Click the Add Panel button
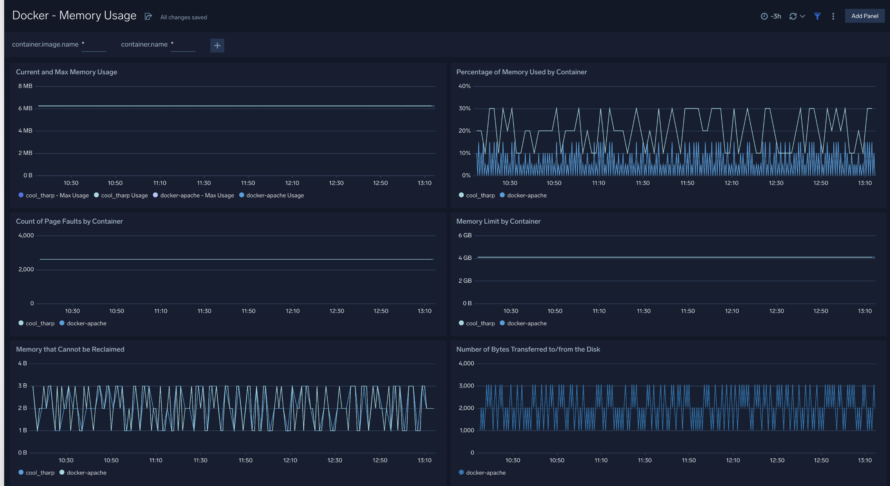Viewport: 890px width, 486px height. [x=864, y=16]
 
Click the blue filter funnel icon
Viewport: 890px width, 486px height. [x=817, y=16]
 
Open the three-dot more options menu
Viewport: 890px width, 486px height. [x=833, y=16]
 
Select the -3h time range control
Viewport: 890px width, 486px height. [x=771, y=16]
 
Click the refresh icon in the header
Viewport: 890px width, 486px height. [x=793, y=16]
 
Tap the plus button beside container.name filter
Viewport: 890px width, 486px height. [x=217, y=45]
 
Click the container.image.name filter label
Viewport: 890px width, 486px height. [x=45, y=44]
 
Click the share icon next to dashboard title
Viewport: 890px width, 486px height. [x=148, y=16]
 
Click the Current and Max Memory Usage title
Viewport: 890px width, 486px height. [x=66, y=72]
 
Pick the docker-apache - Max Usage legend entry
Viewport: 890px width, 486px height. [x=197, y=195]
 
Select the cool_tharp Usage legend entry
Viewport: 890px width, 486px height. [x=124, y=195]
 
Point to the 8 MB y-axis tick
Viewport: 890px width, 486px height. [x=25, y=86]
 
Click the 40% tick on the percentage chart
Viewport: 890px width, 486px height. [x=464, y=86]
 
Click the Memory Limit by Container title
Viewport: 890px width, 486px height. [x=498, y=221]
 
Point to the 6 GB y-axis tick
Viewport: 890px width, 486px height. [x=465, y=235]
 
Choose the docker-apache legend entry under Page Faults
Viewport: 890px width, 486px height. [x=86, y=323]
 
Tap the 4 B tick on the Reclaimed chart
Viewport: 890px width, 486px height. [x=22, y=363]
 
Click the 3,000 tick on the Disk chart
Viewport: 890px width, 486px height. [x=466, y=386]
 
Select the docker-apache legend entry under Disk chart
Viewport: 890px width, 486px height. [x=485, y=473]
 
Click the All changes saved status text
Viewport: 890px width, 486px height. [x=183, y=17]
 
